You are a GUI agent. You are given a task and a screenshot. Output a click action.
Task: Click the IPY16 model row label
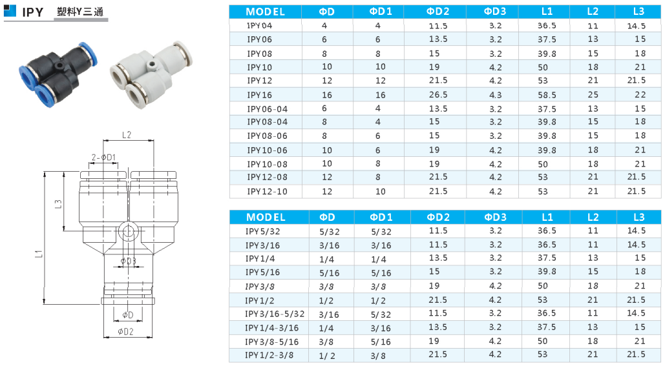click(260, 95)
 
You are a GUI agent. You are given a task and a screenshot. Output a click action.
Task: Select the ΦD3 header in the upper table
click(495, 12)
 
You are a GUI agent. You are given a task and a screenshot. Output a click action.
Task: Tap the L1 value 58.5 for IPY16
click(547, 95)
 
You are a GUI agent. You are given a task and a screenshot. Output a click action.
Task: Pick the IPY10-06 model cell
click(267, 150)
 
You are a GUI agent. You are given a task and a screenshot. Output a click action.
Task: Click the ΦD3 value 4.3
click(495, 95)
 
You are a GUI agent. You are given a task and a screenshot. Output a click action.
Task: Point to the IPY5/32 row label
click(262, 231)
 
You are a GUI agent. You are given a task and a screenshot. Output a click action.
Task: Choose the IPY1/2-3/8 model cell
click(269, 355)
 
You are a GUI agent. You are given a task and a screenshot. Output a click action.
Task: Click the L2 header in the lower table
click(593, 217)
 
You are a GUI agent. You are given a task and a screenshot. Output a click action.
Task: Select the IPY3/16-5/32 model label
click(275, 314)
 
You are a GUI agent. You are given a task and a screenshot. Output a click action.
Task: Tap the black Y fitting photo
click(58, 74)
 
